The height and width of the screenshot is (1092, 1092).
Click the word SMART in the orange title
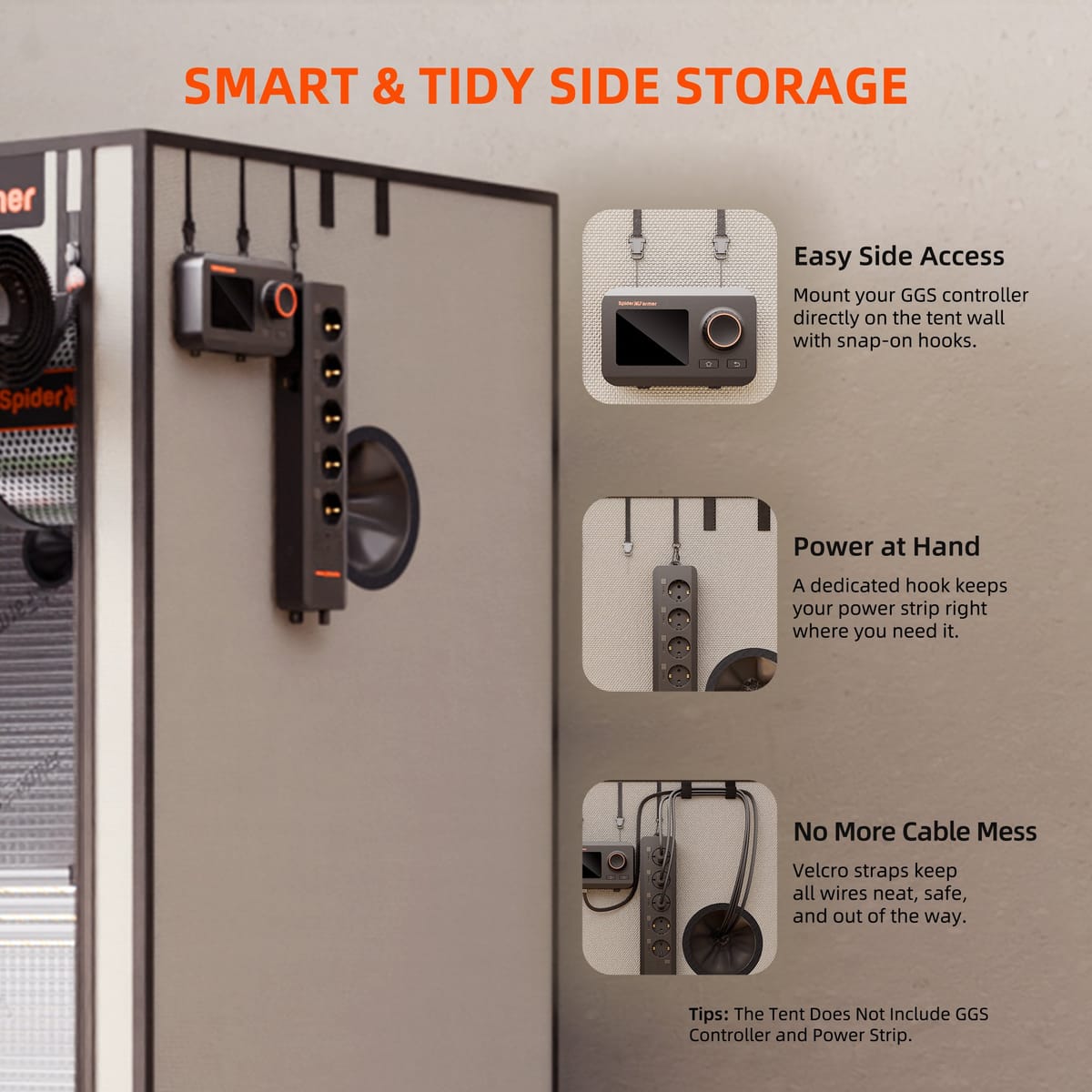point(271,86)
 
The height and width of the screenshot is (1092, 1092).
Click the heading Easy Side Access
point(898,256)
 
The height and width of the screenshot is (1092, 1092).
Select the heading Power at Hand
point(885,547)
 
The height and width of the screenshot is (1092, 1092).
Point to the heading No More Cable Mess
point(915,832)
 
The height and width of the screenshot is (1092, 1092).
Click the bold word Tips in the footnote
point(708,1014)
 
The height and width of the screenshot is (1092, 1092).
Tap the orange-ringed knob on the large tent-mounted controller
point(281,299)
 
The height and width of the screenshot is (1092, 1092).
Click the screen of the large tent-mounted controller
point(231,302)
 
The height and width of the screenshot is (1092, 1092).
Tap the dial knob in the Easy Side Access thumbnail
point(723,329)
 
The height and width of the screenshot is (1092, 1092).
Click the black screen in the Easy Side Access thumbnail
point(652,338)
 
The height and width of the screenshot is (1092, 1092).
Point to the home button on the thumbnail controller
point(709,364)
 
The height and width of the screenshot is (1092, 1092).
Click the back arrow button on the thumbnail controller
point(737,364)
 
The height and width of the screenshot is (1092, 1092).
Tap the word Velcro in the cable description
point(818,871)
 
